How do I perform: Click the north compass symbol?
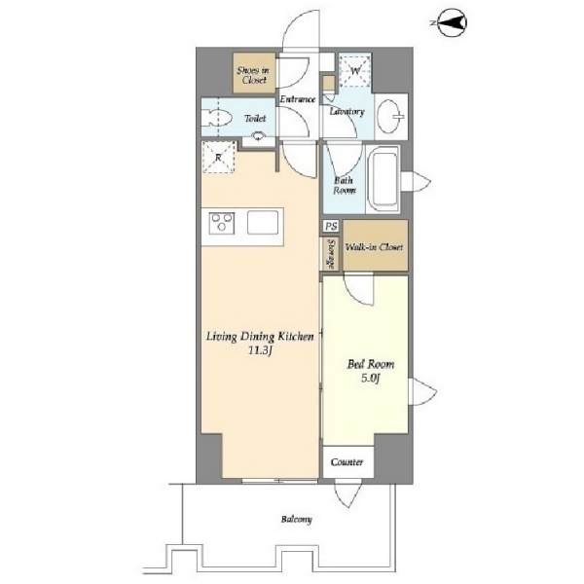tap(451, 23)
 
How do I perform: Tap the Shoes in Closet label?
tap(254, 75)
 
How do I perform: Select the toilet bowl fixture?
tap(217, 118)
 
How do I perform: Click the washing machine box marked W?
tap(355, 70)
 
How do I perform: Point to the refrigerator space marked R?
tap(219, 157)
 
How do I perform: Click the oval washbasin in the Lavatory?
tap(390, 116)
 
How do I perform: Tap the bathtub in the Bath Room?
tap(383, 179)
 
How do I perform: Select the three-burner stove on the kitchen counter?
tap(222, 223)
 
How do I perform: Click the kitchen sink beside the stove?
tap(263, 223)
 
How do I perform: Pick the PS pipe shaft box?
tap(331, 226)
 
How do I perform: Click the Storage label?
tap(331, 254)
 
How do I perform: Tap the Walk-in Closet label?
tap(375, 247)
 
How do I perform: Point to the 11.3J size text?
tap(261, 350)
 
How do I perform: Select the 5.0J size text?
tap(370, 379)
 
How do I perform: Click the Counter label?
tap(347, 462)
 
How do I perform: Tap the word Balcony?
tap(297, 519)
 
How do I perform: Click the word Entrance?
tap(298, 99)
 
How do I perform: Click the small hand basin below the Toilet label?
tap(258, 136)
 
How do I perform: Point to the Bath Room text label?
tap(345, 186)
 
